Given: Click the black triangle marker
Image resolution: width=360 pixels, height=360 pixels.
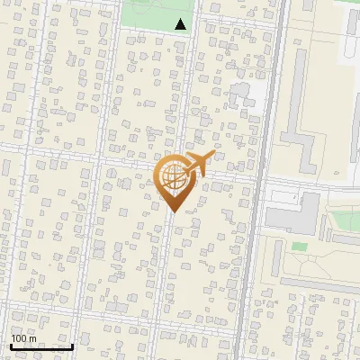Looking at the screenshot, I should pos(181,24).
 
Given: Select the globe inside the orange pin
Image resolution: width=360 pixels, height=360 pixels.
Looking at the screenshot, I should pos(175,178).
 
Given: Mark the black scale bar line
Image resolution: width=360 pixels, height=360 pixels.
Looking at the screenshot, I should pos(41,346).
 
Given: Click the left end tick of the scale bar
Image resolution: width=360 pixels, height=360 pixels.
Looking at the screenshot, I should pos(10,345).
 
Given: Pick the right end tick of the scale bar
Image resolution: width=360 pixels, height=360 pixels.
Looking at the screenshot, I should pos(72,345).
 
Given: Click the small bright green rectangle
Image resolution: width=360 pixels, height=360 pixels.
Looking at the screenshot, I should pos(299,246).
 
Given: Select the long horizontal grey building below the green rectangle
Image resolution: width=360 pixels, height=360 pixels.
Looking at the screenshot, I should pos(319,283).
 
